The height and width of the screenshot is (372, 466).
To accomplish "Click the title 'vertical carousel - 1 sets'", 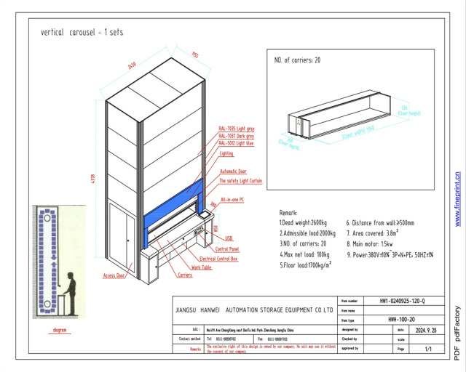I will (x=82, y=33).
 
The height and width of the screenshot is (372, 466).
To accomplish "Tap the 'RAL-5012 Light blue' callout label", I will (x=236, y=144).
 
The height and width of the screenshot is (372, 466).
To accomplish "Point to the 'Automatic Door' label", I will (x=233, y=171).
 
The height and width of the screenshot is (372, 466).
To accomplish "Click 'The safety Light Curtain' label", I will (x=240, y=180).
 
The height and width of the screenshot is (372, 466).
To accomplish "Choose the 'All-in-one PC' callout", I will (x=233, y=198).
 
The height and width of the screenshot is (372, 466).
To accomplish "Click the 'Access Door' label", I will (x=114, y=275).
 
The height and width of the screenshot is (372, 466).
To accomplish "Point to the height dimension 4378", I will (x=92, y=178).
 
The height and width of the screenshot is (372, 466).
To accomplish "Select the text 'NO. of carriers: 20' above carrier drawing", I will (x=296, y=60).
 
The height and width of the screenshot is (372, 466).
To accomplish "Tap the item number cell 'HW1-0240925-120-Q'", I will (x=403, y=300).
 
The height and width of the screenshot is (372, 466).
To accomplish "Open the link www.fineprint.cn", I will (x=457, y=199).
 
